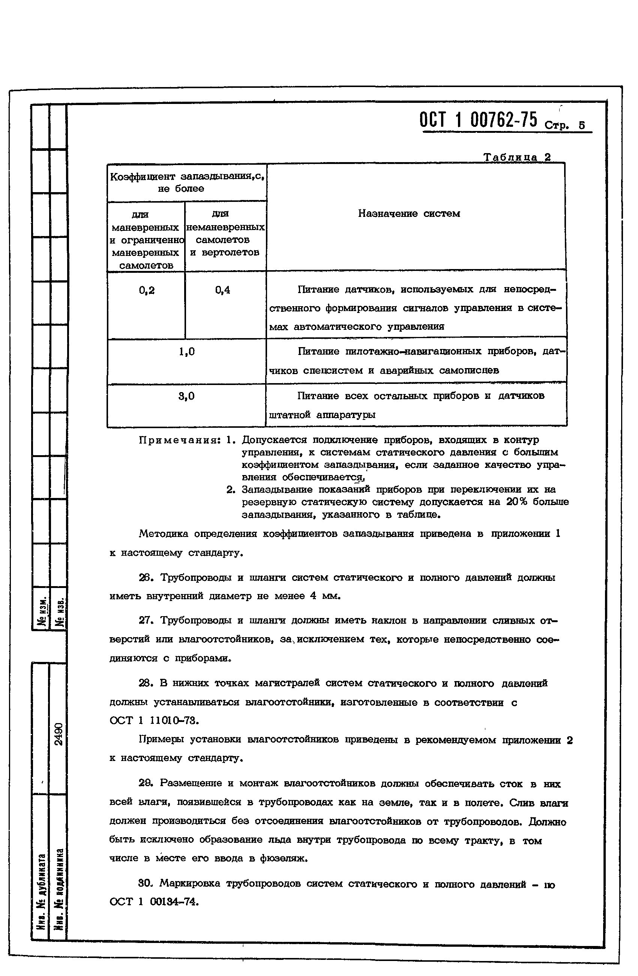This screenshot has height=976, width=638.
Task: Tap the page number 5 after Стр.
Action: point(582,125)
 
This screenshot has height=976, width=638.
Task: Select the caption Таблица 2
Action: point(517,158)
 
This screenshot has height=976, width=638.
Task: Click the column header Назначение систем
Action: point(409,213)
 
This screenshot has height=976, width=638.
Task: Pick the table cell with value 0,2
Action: point(146,291)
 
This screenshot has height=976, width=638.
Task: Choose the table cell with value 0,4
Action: point(222,290)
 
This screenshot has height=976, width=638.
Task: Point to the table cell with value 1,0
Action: point(186,352)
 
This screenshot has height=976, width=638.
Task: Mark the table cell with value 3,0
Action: point(186,396)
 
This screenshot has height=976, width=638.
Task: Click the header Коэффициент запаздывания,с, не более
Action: point(187,182)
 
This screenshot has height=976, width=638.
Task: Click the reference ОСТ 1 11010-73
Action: point(154,720)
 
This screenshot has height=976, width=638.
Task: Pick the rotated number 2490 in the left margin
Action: point(58,734)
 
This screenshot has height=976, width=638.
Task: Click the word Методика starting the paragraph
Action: point(163,534)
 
